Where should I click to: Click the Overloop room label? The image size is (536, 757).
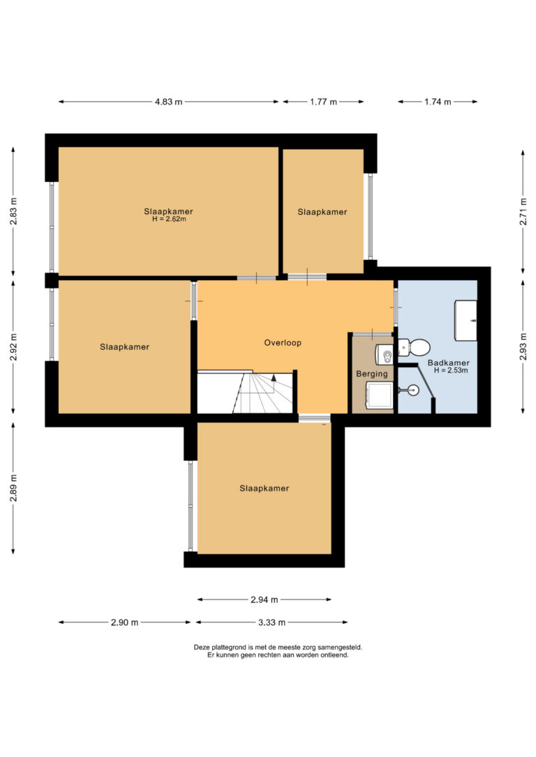[283, 343]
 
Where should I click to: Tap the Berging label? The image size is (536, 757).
[372, 374]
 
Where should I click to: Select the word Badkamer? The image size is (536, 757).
[449, 363]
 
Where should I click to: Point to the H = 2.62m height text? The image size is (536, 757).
[169, 219]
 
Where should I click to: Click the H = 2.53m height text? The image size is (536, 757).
[451, 370]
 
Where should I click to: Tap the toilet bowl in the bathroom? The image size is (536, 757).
[414, 346]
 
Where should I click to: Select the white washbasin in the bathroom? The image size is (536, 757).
[466, 320]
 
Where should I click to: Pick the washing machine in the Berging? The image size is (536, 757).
[380, 397]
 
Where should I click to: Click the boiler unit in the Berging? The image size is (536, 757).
[385, 355]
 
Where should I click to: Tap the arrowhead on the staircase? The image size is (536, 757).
[274, 378]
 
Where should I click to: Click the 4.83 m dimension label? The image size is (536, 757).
[169, 102]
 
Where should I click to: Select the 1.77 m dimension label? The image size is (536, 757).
[323, 102]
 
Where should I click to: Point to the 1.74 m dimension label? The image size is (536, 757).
[438, 102]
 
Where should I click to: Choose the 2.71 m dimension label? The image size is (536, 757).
[523, 212]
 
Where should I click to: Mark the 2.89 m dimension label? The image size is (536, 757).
[13, 488]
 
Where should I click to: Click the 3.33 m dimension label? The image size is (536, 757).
[271, 622]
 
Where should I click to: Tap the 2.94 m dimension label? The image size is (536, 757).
[265, 599]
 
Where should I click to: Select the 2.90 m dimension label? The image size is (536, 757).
[125, 622]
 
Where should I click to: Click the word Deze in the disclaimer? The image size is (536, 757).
[202, 648]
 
